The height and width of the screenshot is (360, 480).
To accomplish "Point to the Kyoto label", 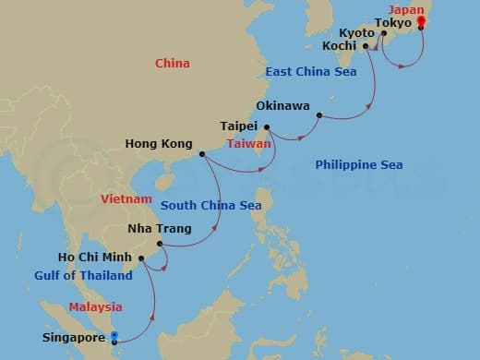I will [x=356, y=33].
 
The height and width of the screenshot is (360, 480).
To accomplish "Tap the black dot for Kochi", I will [x=366, y=44].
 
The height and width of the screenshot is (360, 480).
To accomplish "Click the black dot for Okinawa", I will [x=318, y=116].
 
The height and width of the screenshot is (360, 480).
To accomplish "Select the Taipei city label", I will [x=240, y=126].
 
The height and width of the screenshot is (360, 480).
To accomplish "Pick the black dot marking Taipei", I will [x=266, y=127].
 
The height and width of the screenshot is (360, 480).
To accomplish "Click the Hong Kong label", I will [x=160, y=144].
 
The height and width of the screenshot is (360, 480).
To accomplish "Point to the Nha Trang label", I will [x=161, y=229].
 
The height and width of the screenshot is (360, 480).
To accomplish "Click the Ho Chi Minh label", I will [x=91, y=258].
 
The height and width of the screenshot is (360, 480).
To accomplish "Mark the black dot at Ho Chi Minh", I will [x=139, y=258].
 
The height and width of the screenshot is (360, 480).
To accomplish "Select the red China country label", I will [x=173, y=64].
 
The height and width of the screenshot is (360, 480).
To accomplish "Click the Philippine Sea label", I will [x=358, y=165].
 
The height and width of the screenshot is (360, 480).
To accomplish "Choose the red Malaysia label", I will [x=95, y=307].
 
